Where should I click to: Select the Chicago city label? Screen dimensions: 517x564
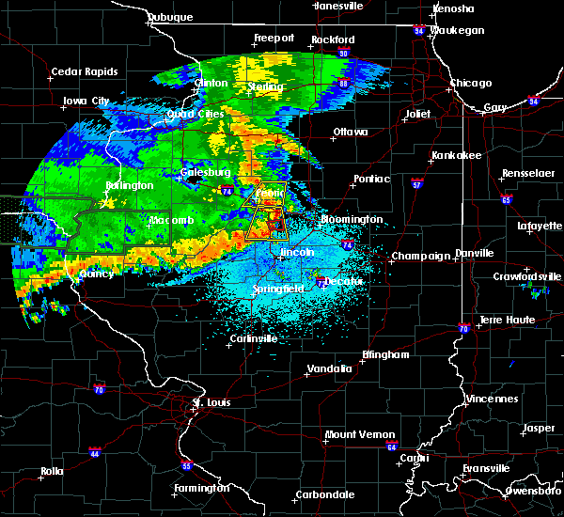coord(470,83)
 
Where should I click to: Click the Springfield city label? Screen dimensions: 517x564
coord(279,289)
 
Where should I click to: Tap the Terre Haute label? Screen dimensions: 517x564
coord(508,320)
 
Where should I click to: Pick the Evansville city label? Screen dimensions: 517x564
coord(485,467)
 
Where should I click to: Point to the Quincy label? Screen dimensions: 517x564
coord(97,274)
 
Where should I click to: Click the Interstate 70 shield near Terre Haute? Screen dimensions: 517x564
coord(463,328)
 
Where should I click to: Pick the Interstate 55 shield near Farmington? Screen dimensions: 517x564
coord(186,465)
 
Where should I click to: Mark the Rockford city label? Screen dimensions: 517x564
coord(337,39)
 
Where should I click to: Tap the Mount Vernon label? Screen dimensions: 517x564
coord(355,434)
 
